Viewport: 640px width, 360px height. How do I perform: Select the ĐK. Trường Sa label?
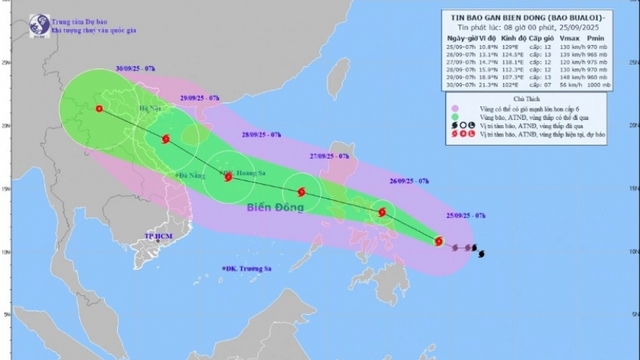pyautogui.click(x=247, y=269)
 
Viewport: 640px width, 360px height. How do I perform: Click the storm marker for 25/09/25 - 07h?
pyautogui.click(x=438, y=240)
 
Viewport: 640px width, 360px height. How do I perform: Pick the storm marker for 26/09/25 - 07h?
pyautogui.click(x=382, y=212)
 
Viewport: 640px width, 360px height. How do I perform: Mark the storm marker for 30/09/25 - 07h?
pyautogui.click(x=99, y=109)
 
